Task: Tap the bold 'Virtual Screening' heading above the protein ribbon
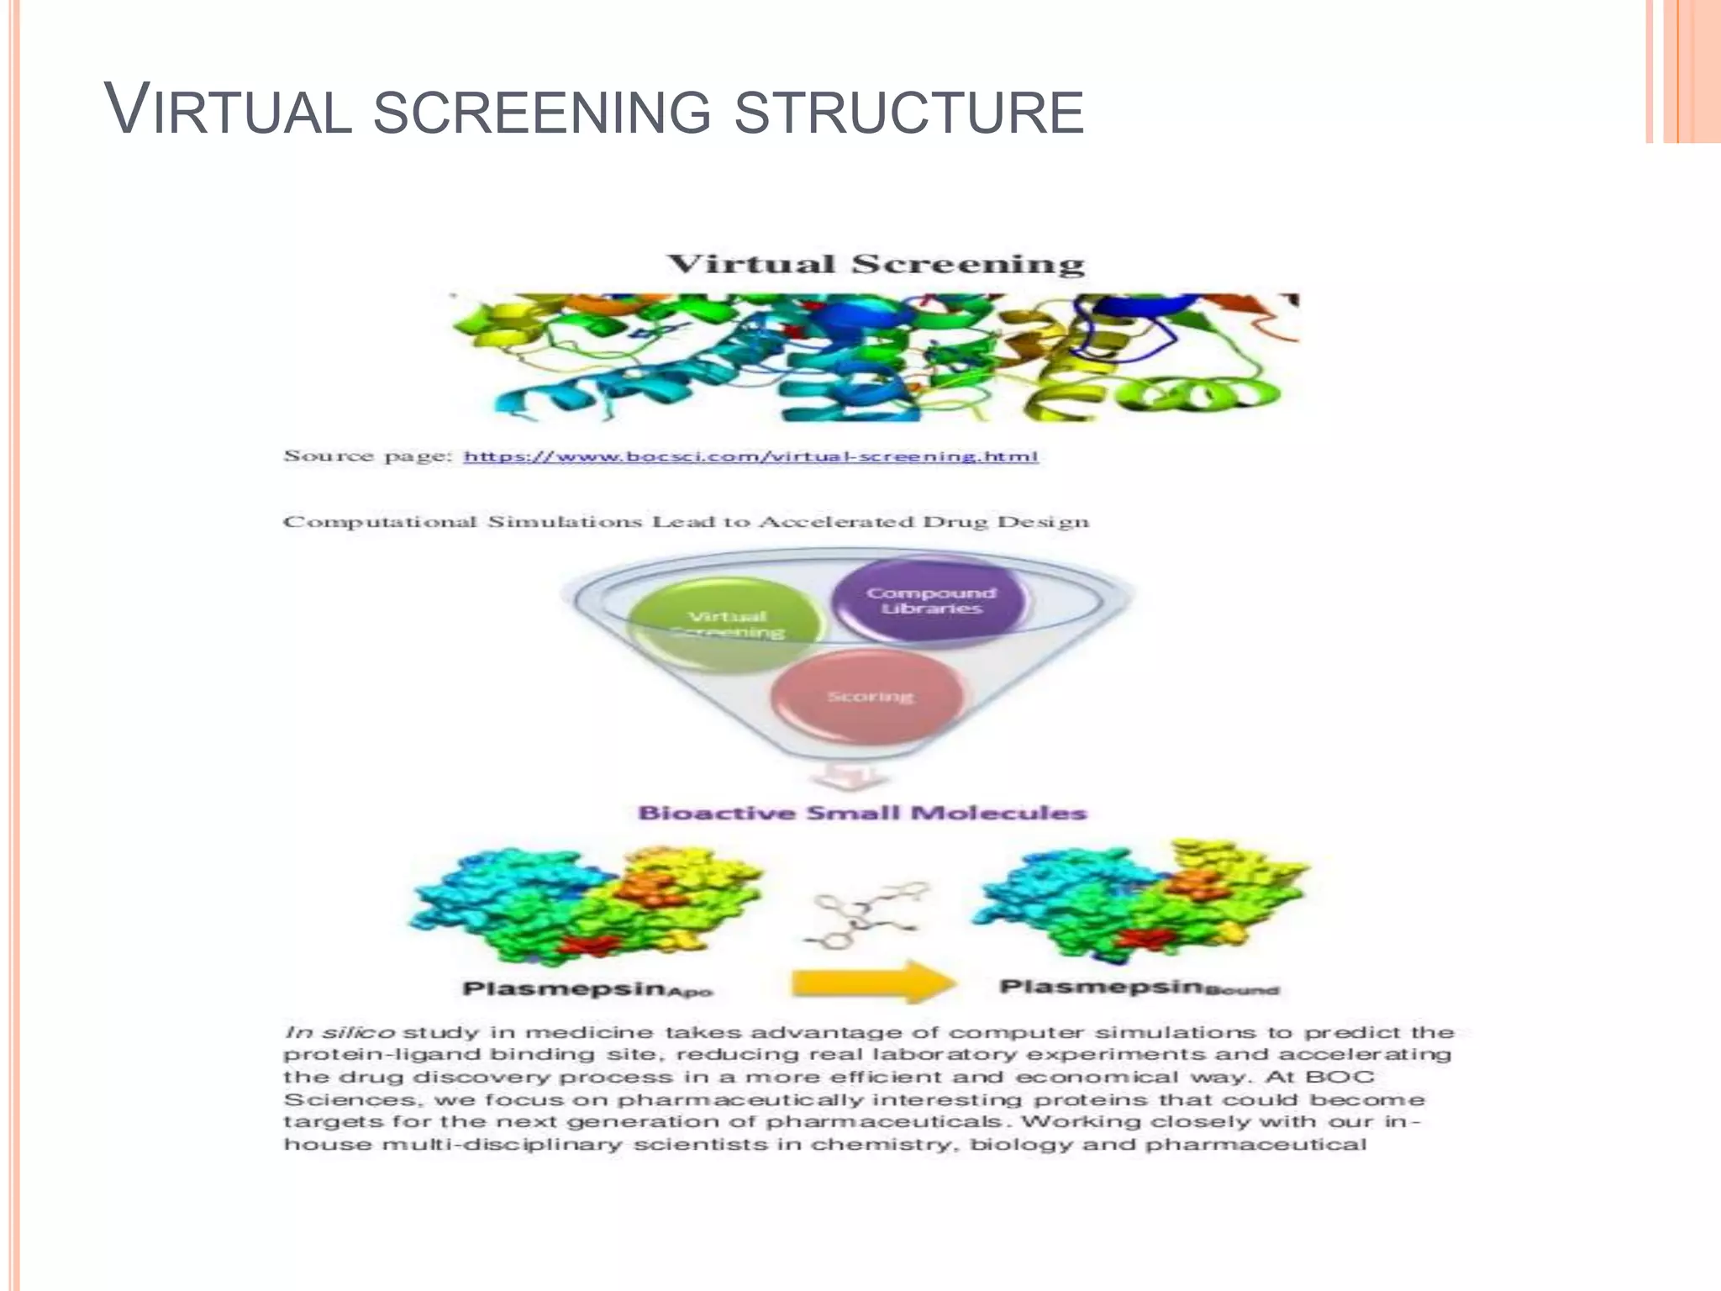tap(875, 264)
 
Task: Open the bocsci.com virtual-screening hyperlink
tap(750, 456)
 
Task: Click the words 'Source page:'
tap(367, 456)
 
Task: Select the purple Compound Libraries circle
tap(930, 600)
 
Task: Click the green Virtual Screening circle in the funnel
tap(725, 624)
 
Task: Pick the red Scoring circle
tap(869, 697)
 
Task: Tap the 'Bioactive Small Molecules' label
tap(862, 813)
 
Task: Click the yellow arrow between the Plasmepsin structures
tap(873, 983)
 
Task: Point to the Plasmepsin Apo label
tap(587, 988)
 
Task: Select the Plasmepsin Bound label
tap(1139, 987)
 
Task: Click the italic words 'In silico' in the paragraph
tap(339, 1032)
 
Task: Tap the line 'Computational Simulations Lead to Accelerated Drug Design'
tap(685, 522)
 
